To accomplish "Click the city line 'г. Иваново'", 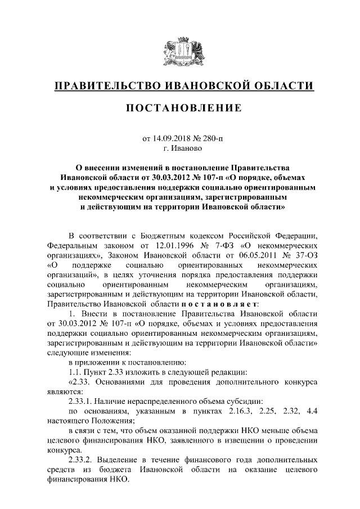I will (x=179, y=148).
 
